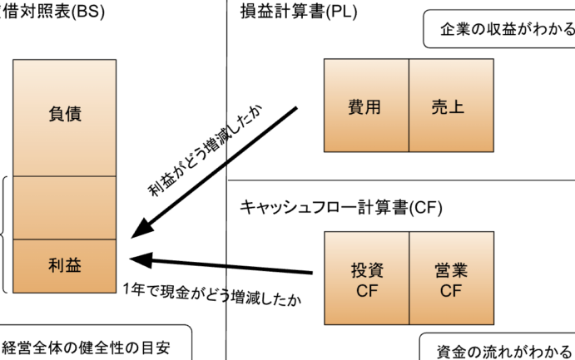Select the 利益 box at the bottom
tap(65, 265)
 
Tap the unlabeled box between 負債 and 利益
tap(65, 207)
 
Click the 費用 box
tap(366, 106)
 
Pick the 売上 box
tap(449, 106)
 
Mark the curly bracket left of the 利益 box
tap(4, 234)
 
